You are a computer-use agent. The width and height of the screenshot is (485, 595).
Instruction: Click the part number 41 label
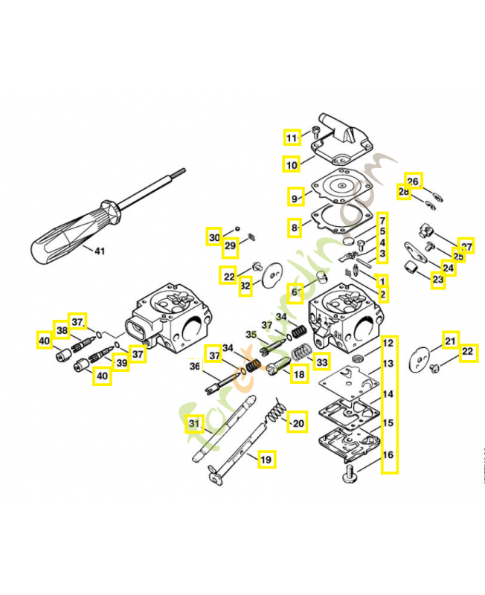tap(100, 251)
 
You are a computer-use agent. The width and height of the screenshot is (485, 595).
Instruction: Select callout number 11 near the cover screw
tap(292, 137)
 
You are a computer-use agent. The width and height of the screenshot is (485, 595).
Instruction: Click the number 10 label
tap(292, 164)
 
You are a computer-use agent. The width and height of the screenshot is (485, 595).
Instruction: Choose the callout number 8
tap(295, 227)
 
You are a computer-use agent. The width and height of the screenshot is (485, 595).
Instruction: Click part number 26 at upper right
tap(414, 181)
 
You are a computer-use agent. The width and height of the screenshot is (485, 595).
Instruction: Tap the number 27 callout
tap(466, 246)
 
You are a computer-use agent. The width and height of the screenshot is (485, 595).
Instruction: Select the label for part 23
tap(437, 280)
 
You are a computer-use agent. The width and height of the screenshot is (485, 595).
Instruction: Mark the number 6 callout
tap(295, 292)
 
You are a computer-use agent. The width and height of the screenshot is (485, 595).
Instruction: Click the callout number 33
tap(321, 362)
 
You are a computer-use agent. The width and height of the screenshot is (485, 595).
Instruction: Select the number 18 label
tap(299, 375)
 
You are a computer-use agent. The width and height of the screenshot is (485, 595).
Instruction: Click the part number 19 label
tap(266, 460)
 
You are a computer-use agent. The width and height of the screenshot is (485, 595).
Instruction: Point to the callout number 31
tap(194, 424)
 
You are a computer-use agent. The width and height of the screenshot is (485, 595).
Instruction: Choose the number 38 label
tap(62, 330)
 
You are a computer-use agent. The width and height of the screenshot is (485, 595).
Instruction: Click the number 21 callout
tap(450, 341)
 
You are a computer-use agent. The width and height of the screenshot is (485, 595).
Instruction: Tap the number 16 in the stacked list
tap(388, 455)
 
